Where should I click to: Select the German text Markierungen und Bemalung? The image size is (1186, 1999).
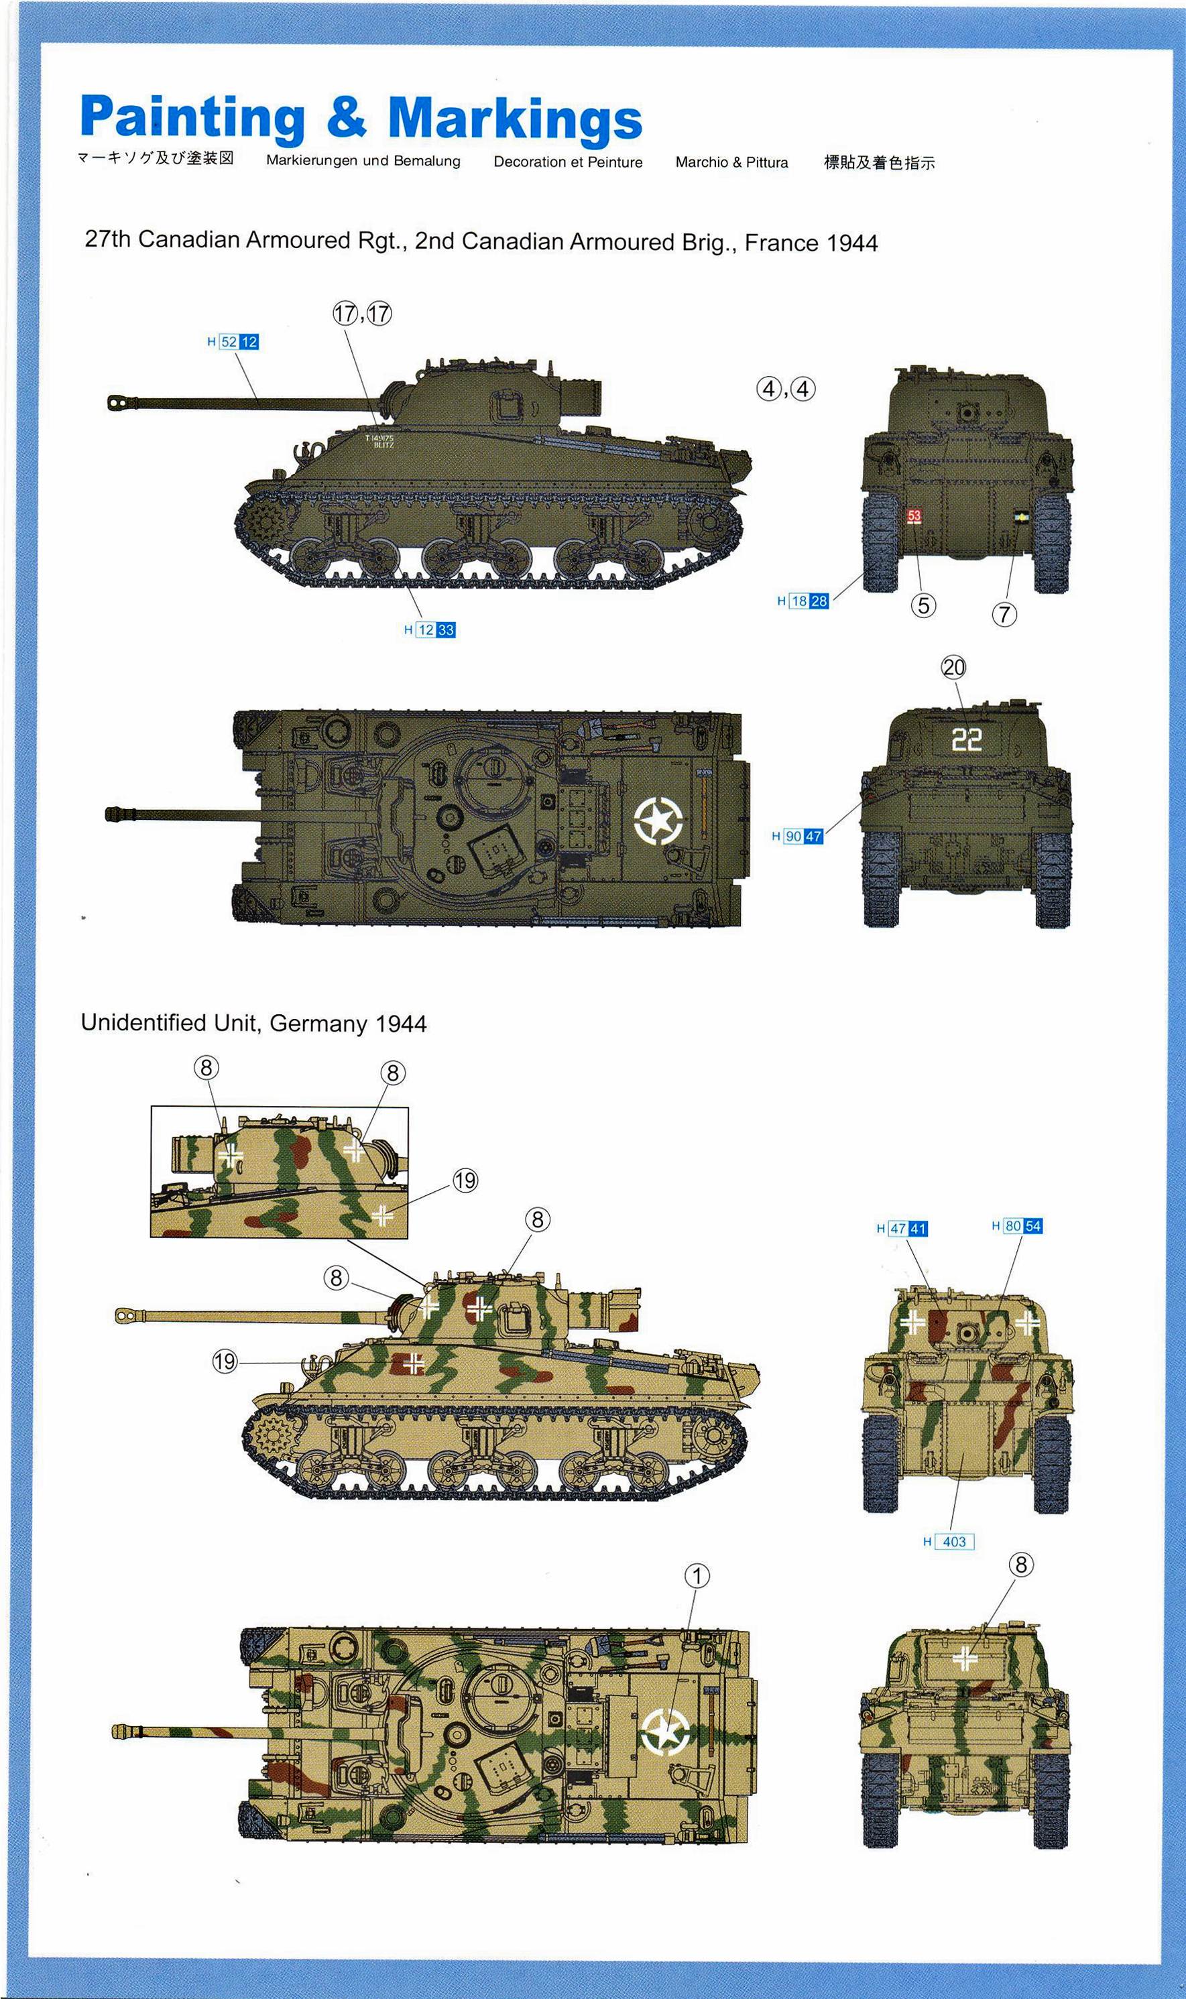(363, 161)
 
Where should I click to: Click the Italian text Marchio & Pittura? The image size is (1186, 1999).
(731, 162)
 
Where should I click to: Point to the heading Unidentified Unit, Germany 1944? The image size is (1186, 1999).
(254, 1024)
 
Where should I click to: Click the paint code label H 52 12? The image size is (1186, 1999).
(233, 342)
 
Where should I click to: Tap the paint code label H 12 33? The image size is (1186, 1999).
(429, 629)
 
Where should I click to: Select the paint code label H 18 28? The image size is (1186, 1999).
(803, 601)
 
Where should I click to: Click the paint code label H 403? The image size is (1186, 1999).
(949, 1541)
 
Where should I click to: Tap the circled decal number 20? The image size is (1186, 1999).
(954, 667)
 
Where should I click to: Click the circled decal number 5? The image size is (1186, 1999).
(923, 605)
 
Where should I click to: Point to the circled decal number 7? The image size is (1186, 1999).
(1004, 615)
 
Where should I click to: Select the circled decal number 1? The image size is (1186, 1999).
(697, 1575)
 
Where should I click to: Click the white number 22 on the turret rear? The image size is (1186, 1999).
(966, 740)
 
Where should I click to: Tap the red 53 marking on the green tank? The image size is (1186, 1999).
(914, 516)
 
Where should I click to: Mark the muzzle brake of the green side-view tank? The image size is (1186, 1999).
(119, 402)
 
